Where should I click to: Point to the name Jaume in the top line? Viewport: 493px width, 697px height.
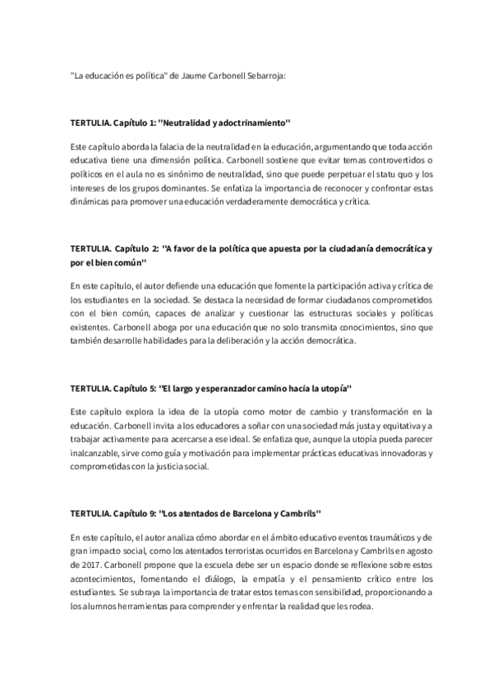click(193, 75)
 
